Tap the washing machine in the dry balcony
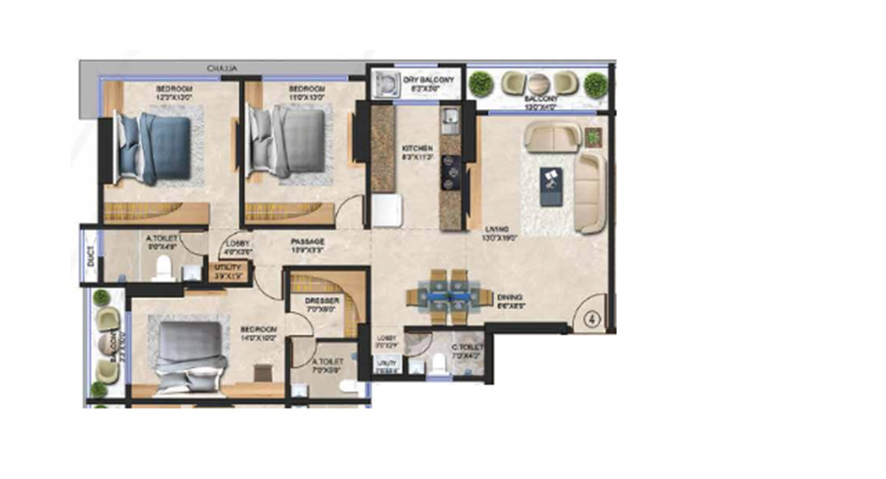coord(388,84)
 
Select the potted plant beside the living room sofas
coord(593,136)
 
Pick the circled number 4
coord(592,319)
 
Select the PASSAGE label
coord(308,242)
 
